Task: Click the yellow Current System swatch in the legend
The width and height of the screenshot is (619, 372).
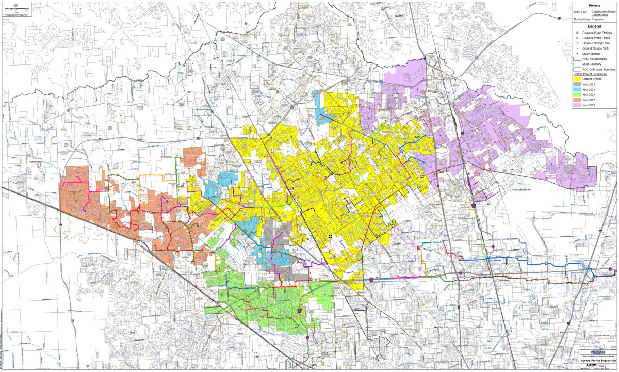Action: (577, 78)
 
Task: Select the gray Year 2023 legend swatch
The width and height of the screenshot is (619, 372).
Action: (577, 84)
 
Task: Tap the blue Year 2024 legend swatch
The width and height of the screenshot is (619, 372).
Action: (577, 89)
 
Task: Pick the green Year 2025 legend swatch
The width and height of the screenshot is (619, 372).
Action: (577, 95)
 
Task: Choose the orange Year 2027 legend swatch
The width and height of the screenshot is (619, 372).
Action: (577, 100)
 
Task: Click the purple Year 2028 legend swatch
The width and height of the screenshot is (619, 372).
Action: (577, 106)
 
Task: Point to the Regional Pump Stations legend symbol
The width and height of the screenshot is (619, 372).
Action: (577, 33)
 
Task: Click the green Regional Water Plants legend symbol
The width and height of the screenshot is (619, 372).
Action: (577, 38)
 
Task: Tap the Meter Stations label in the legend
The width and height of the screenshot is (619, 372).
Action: (592, 53)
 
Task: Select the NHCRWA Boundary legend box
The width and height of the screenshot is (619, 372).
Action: (577, 58)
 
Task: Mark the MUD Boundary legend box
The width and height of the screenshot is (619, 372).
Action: (577, 64)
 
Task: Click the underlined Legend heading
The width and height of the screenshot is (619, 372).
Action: (594, 26)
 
